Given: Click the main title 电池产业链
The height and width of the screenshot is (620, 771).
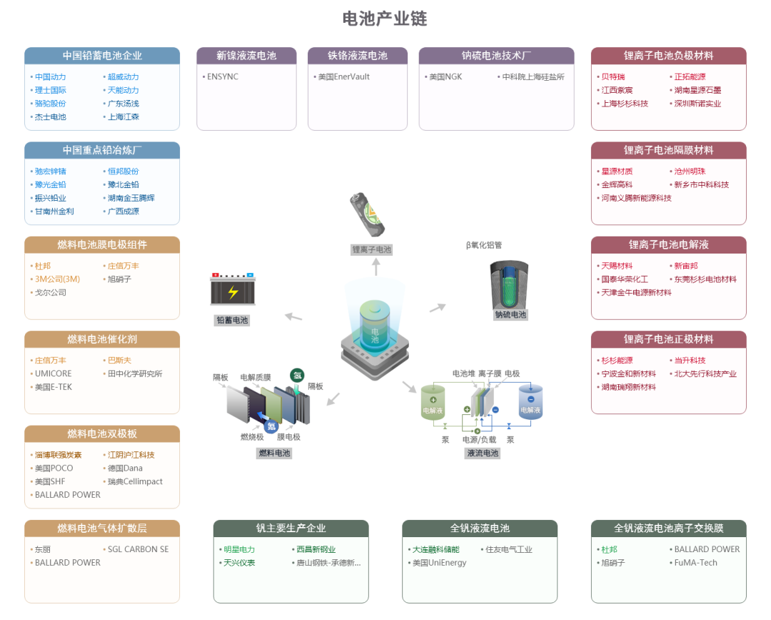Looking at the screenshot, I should click(385, 19).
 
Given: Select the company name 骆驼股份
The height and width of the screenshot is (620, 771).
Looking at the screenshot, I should click(50, 104).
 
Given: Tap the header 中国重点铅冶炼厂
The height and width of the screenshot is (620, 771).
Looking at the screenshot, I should click(102, 150).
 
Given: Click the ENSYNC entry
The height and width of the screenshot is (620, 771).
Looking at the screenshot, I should click(223, 76).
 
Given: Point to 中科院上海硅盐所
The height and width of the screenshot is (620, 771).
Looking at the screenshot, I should click(533, 76).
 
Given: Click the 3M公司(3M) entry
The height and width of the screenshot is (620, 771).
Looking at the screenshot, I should click(57, 279).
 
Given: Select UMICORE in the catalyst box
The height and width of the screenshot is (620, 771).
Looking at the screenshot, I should click(53, 374).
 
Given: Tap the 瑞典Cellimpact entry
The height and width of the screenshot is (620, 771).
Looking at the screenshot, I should click(135, 481).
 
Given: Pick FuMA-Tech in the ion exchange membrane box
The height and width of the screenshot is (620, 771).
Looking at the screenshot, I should click(695, 563).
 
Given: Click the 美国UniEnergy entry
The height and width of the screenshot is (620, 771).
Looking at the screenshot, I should click(439, 563).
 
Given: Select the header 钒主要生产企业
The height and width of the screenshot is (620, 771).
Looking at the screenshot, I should click(291, 529).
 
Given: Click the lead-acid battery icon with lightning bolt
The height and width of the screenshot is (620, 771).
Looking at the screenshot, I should click(233, 290).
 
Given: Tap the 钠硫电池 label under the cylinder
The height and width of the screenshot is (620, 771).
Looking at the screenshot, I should click(510, 314).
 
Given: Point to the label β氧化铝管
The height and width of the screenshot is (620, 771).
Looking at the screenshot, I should click(483, 245).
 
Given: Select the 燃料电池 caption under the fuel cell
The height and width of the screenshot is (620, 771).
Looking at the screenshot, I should click(274, 453).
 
